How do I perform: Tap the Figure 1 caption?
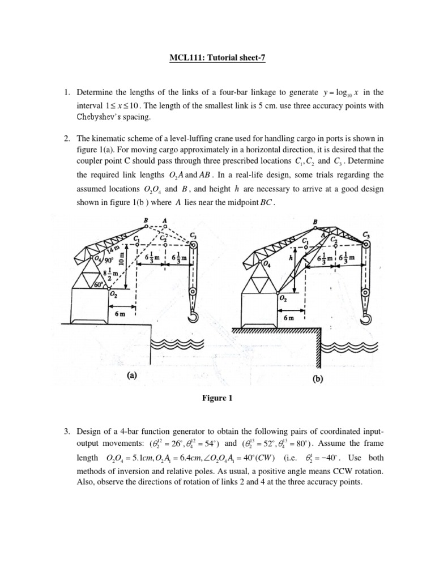point(217,398)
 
